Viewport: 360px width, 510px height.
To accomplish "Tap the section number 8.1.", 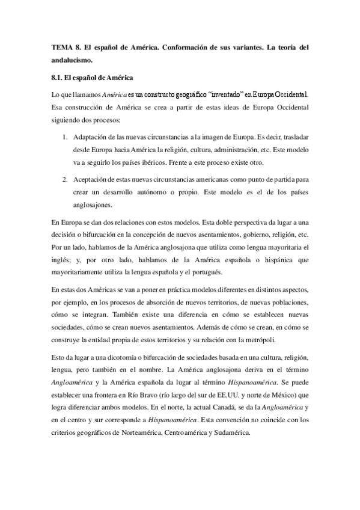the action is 59,78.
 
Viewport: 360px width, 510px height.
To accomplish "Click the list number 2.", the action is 65,179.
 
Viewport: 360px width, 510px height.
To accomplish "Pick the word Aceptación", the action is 93,179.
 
